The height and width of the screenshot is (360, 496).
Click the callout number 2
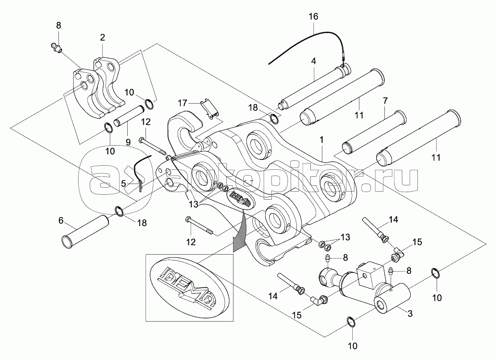click(102, 38)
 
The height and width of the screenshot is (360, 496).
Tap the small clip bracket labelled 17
click(210, 109)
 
